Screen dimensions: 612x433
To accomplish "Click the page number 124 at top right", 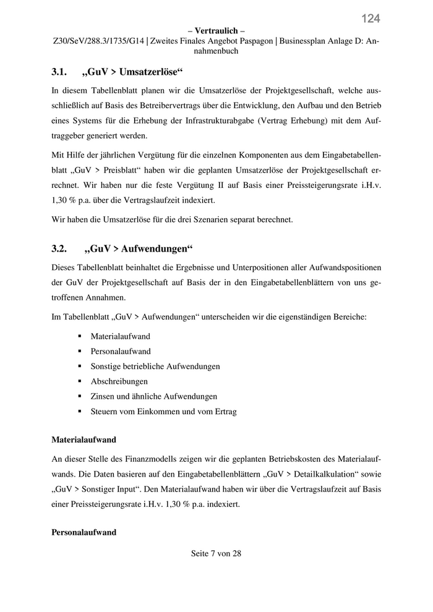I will [371, 19].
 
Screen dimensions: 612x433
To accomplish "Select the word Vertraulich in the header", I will [216, 31].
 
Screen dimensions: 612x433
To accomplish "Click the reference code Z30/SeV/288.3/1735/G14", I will [98, 41].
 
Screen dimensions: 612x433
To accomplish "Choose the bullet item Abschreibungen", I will [119, 381].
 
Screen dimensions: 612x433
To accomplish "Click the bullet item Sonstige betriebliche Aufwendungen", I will [155, 366].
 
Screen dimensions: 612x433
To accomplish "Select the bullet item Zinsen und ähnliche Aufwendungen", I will [154, 396].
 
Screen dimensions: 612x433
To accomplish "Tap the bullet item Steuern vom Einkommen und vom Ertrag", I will [163, 411].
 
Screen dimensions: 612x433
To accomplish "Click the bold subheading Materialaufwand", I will [84, 440].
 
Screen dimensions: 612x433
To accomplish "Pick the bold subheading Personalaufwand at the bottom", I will [84, 532].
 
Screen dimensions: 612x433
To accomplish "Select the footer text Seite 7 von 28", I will [216, 553].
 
